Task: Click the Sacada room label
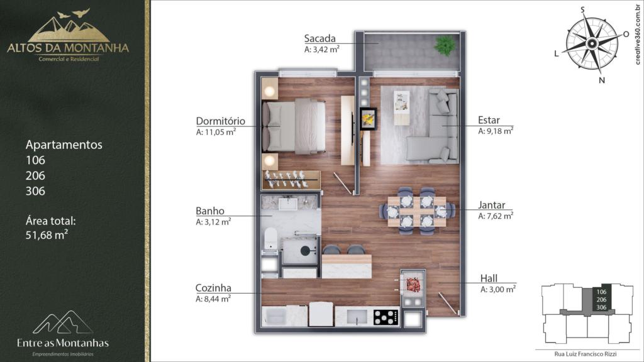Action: [319, 38]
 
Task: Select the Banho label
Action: [210, 211]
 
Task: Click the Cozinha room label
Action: [213, 288]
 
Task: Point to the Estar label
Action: [489, 120]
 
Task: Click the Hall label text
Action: [489, 278]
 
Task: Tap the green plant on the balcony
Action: [445, 45]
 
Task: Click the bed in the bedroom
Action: [294, 126]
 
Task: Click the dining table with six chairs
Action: [417, 211]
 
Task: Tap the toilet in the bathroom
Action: [270, 238]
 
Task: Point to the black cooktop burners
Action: [386, 317]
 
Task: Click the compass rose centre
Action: [592, 43]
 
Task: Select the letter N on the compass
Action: [602, 80]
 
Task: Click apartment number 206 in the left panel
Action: [35, 176]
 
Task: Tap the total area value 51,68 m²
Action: [47, 235]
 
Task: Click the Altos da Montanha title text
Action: [68, 48]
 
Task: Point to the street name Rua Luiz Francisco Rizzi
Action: [586, 354]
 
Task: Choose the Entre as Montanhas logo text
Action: [63, 343]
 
